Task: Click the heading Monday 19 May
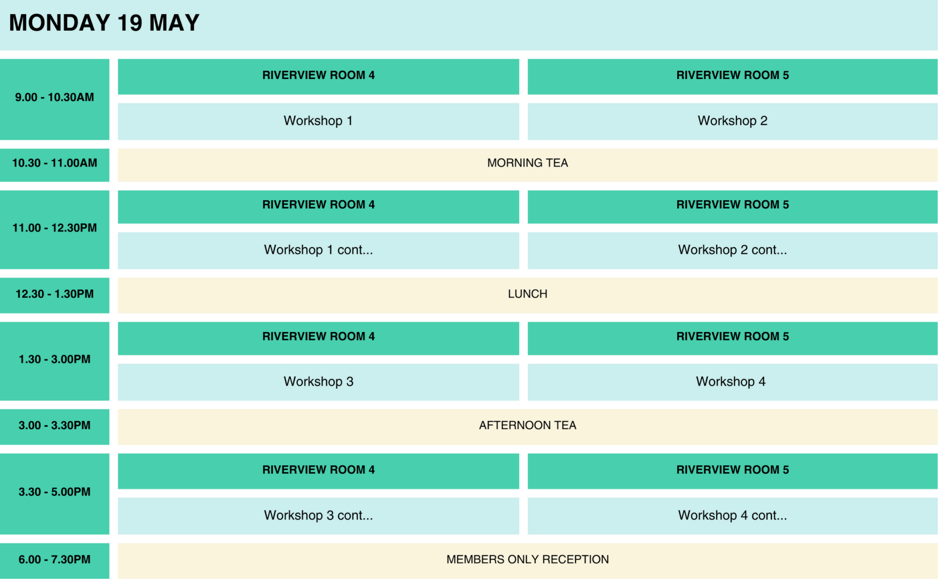point(104,23)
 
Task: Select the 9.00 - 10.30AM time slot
point(54,99)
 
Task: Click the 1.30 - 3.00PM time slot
point(54,361)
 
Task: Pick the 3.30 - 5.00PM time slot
point(54,493)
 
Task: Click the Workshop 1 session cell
point(318,121)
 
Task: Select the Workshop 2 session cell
point(732,121)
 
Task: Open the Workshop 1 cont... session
point(318,250)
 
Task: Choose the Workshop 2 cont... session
point(732,250)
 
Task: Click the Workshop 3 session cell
point(318,382)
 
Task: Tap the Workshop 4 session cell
point(732,382)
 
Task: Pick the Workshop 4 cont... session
point(732,515)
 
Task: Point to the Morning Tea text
point(528,163)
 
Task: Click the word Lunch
point(528,294)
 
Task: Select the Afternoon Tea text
point(528,425)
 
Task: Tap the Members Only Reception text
point(528,559)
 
